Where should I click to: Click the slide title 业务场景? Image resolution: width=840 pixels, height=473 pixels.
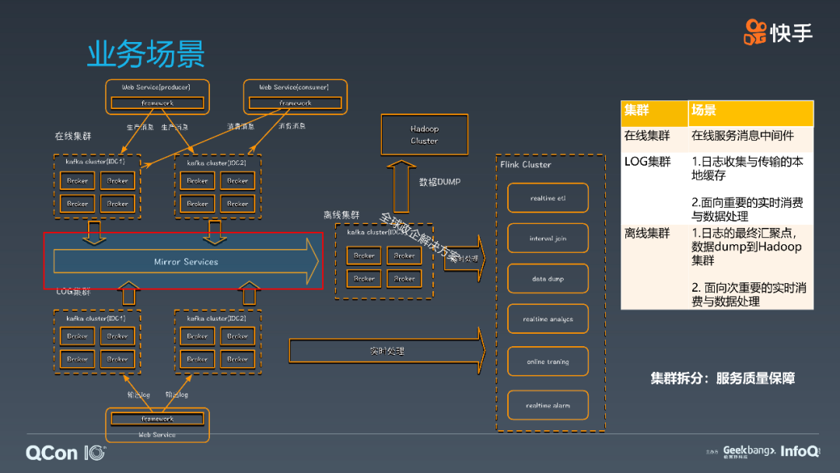coord(145,54)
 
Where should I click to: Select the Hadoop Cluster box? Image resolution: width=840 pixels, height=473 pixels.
coord(424,135)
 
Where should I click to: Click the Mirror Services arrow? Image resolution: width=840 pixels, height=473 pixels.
coord(185,261)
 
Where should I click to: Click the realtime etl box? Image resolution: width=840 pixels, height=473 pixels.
coord(548,198)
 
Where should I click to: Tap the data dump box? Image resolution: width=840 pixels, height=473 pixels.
coord(548,279)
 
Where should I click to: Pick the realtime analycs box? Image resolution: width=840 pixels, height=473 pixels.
coord(548,319)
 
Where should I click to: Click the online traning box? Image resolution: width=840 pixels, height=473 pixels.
coord(548,362)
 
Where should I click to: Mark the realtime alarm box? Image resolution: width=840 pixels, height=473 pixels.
coord(548,405)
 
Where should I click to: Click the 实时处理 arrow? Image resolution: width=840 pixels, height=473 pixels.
coord(387,351)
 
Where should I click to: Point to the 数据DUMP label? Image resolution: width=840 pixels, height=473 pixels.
coord(439,182)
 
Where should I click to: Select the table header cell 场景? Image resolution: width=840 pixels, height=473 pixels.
coord(750,112)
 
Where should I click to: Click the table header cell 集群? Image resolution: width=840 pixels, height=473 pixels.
coord(653,112)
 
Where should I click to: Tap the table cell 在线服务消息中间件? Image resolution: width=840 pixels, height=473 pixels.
coord(742,135)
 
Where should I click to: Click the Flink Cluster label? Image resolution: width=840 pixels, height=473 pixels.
coord(525,165)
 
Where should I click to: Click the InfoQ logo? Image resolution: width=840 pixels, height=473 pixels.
coord(800,451)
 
